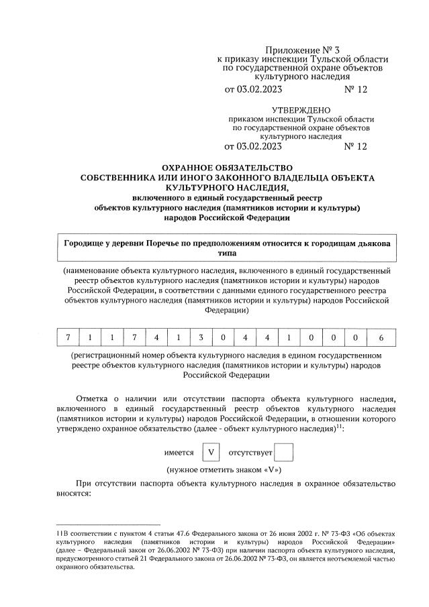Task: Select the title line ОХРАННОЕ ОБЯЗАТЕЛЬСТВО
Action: click(x=228, y=168)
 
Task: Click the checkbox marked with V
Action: click(x=211, y=453)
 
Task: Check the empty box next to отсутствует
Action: click(x=285, y=453)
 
